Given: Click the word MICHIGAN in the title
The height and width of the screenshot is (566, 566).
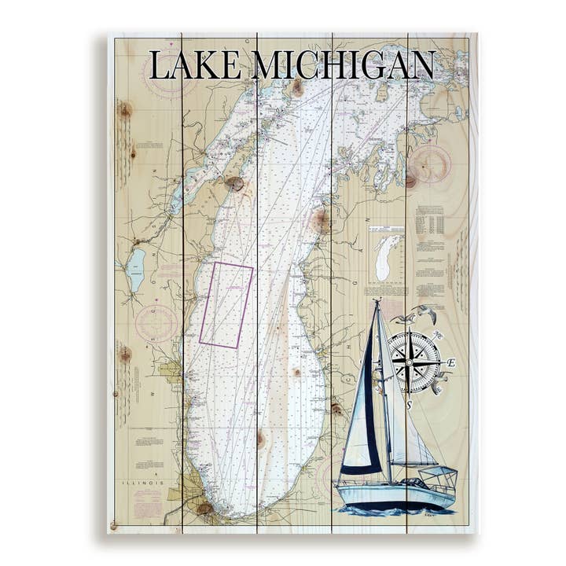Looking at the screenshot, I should pyautogui.click(x=344, y=65).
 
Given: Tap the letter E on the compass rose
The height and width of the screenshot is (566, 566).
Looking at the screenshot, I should pyautogui.click(x=451, y=362).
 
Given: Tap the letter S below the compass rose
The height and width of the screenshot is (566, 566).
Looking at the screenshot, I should pyautogui.click(x=410, y=405).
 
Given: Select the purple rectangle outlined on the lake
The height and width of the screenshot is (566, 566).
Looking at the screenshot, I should pyautogui.click(x=226, y=305).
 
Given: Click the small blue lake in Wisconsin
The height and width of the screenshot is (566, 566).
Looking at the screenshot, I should pyautogui.click(x=136, y=269).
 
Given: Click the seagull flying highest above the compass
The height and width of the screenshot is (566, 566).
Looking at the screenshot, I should pyautogui.click(x=425, y=310).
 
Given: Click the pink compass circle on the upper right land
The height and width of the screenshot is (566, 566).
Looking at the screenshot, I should pyautogui.click(x=429, y=164).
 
